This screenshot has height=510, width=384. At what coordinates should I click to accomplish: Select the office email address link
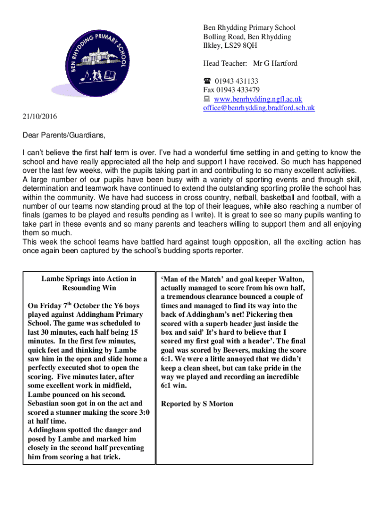tap(259, 108)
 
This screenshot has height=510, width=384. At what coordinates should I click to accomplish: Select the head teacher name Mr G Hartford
tap(275, 63)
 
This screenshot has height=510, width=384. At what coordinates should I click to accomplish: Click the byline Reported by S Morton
tap(197, 403)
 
